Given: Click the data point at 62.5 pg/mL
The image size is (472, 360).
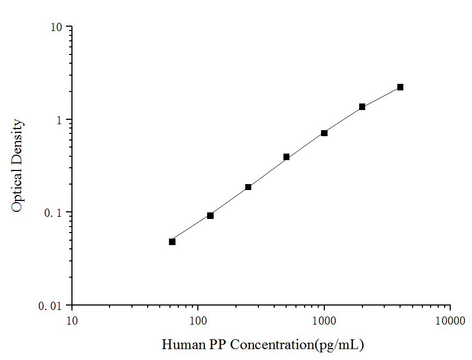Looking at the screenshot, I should [172, 242].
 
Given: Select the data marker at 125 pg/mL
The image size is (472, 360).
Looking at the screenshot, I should [210, 216].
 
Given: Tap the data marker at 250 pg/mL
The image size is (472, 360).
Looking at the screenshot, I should [249, 187].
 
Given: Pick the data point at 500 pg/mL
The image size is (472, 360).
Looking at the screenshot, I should [287, 157].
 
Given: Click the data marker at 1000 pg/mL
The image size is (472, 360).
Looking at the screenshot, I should [324, 133].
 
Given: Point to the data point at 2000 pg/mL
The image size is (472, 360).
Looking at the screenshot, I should [362, 107].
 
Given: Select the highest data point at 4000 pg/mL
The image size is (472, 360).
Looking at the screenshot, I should [400, 87].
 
